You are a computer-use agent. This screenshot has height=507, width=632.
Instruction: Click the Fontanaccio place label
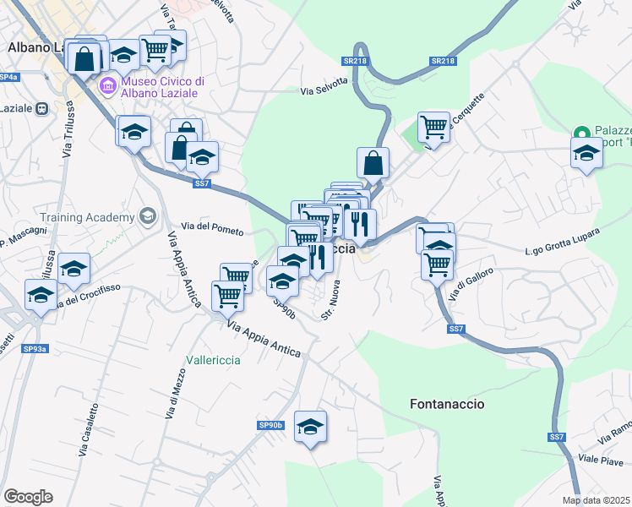(447, 404)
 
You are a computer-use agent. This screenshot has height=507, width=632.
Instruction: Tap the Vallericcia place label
(210, 360)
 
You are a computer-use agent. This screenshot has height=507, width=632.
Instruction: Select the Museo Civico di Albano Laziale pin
(108, 85)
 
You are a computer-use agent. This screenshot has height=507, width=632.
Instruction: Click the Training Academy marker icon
(148, 217)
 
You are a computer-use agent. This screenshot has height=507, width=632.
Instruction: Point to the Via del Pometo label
(212, 230)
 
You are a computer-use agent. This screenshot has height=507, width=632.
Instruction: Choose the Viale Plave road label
(601, 461)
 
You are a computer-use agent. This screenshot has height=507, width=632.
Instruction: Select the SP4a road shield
(8, 77)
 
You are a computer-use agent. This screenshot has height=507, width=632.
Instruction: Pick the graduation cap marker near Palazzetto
(586, 152)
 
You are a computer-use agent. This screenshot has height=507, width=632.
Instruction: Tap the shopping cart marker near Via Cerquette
(433, 127)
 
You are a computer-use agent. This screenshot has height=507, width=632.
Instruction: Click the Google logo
(28, 497)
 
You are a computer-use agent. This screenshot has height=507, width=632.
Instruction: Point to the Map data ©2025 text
(596, 500)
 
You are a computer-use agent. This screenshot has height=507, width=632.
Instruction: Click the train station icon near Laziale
(40, 108)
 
